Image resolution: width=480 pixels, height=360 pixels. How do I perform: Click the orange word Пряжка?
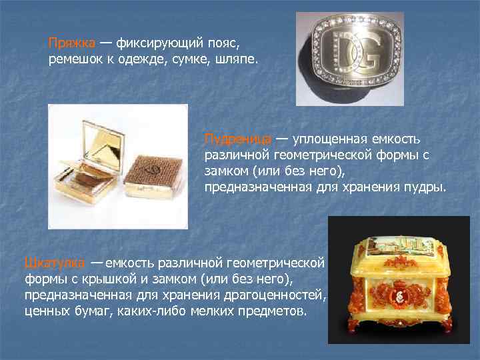click(71, 43)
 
